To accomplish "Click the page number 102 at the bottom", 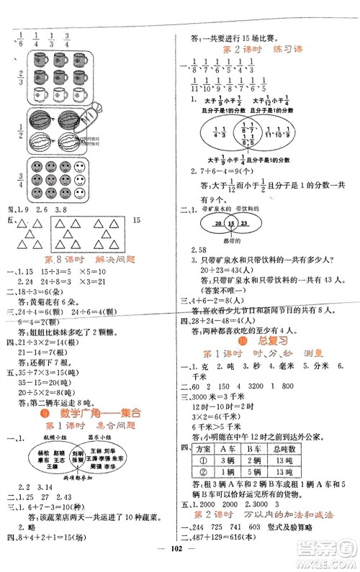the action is coord(179,561).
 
